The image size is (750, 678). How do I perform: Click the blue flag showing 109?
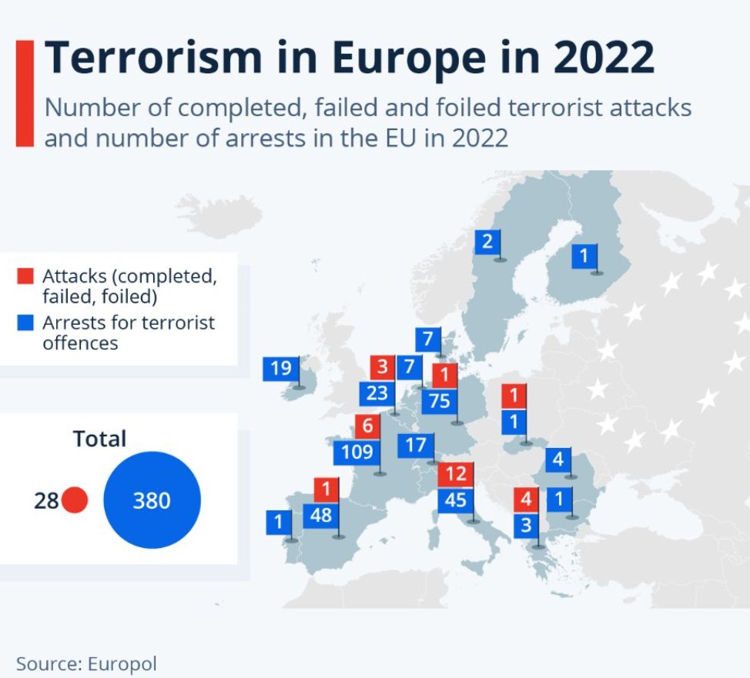point(357,452)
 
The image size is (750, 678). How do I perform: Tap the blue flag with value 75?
point(440,401)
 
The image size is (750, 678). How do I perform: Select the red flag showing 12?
point(455,474)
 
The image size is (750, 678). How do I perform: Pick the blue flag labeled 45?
point(455,500)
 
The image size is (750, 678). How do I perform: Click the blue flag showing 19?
point(281,369)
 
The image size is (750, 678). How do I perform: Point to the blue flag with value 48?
point(321,516)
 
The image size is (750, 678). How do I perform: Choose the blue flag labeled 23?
point(377,393)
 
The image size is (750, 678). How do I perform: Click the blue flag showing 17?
point(416,446)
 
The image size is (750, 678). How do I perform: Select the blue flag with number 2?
point(487,242)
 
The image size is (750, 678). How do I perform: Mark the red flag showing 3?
point(382,367)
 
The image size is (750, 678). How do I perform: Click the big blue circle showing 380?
point(152,500)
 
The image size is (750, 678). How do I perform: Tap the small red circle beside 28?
point(75,500)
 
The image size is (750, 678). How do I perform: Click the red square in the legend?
point(25,276)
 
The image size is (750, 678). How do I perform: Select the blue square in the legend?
point(25,322)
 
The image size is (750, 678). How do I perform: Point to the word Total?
point(100,439)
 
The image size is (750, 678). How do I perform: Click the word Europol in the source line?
point(122,664)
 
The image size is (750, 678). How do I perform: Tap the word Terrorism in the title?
point(153,58)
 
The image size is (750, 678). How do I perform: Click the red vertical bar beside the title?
point(25,93)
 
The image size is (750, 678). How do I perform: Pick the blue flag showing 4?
point(558,460)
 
